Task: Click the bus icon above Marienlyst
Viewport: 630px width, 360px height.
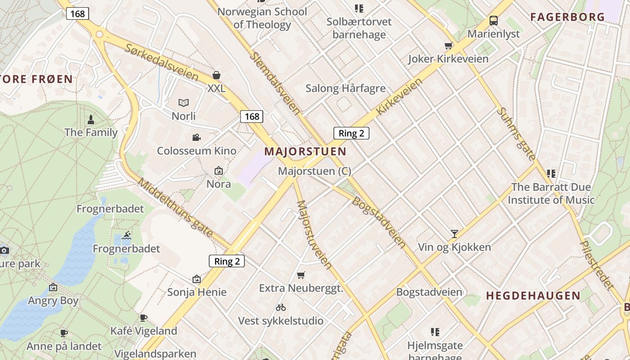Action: [494, 21]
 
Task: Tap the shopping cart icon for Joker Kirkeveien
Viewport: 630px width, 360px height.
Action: [448, 45]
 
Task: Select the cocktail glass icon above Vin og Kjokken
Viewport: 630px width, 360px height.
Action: [454, 234]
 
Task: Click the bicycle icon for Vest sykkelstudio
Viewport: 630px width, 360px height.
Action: [281, 308]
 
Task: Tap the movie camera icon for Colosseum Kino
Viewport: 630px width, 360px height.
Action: [196, 137]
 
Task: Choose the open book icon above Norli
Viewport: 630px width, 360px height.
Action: [184, 103]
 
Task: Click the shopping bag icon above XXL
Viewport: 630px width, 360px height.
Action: [216, 75]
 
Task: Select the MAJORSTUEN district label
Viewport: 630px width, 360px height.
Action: [305, 152]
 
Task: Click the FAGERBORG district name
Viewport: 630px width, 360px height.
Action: [567, 17]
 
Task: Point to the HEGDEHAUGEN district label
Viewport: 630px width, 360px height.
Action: [533, 296]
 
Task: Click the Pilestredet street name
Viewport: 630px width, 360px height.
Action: [597, 264]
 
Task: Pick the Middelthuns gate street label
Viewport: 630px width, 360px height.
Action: [175, 207]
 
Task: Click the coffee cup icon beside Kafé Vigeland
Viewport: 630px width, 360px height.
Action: [144, 318]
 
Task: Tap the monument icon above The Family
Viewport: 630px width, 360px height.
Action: [91, 120]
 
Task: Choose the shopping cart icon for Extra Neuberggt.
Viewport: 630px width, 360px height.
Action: [301, 275]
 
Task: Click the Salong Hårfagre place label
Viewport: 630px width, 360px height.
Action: [345, 88]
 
